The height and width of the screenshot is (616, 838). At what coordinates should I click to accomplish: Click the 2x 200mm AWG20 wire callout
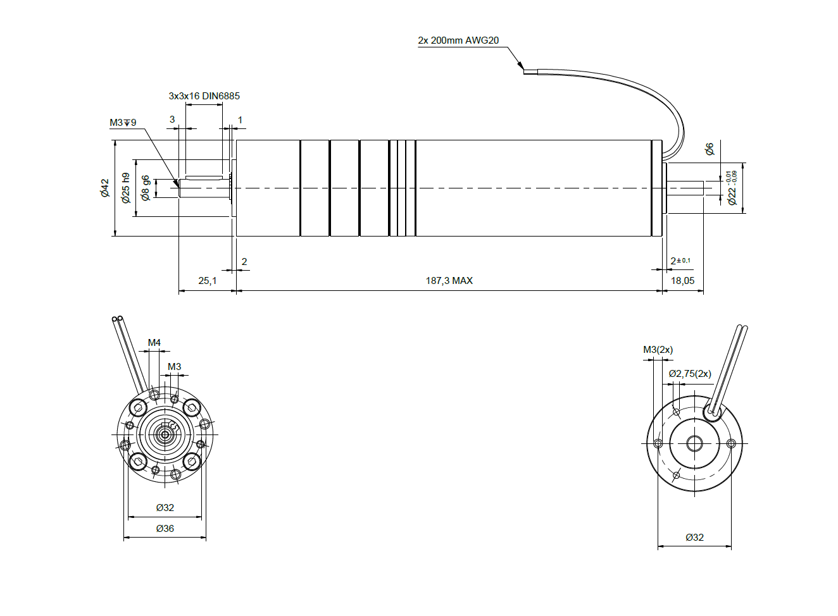point(458,40)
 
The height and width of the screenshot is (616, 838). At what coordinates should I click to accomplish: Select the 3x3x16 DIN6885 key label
point(204,96)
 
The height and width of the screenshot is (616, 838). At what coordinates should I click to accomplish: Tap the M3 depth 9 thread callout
point(123,123)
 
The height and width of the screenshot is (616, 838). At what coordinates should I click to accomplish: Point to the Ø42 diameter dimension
point(105,188)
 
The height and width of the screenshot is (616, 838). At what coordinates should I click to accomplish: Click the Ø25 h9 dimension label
point(126,188)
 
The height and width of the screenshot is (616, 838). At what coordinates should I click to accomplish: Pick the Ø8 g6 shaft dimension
point(146,188)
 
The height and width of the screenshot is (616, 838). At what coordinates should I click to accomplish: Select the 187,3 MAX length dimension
point(449,281)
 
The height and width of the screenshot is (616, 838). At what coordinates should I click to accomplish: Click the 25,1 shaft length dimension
point(207,281)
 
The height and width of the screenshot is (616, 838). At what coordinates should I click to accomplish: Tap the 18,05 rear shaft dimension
point(682,281)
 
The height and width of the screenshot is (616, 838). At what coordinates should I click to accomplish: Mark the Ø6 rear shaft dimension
point(710,149)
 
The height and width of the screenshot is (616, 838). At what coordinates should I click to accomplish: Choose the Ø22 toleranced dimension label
point(732,188)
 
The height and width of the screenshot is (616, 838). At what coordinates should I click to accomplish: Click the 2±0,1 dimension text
point(680,261)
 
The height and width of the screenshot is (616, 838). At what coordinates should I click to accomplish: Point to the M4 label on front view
point(154,343)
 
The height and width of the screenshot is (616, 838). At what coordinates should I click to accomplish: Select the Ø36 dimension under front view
point(165,529)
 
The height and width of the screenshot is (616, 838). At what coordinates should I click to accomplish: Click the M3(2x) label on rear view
point(658,350)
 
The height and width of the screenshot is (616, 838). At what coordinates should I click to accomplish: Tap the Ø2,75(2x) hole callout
point(690,374)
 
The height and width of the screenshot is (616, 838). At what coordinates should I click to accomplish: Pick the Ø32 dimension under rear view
point(694,538)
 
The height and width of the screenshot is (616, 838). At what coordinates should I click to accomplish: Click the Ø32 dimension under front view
point(165,508)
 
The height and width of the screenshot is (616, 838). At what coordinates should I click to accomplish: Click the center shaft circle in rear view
point(694,443)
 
